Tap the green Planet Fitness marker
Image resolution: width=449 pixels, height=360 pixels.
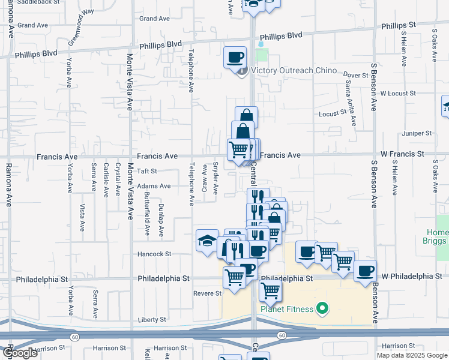click(322, 309)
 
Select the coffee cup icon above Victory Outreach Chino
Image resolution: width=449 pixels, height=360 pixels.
click(235, 57)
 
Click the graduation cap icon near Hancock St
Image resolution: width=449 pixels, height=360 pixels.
click(207, 241)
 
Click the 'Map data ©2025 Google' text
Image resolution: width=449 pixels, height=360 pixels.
click(412, 355)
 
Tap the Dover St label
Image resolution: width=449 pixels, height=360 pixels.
click(356, 76)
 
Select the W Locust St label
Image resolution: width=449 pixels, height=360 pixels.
click(393, 94)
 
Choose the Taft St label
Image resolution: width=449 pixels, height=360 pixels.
click(147, 171)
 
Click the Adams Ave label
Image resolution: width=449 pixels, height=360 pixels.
click(154, 186)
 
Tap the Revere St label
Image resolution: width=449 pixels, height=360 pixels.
click(208, 293)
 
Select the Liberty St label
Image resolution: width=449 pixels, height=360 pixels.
click(150, 320)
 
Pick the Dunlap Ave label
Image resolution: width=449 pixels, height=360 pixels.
click(161, 220)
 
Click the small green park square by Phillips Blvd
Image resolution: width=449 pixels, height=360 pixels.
click(261, 55)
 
